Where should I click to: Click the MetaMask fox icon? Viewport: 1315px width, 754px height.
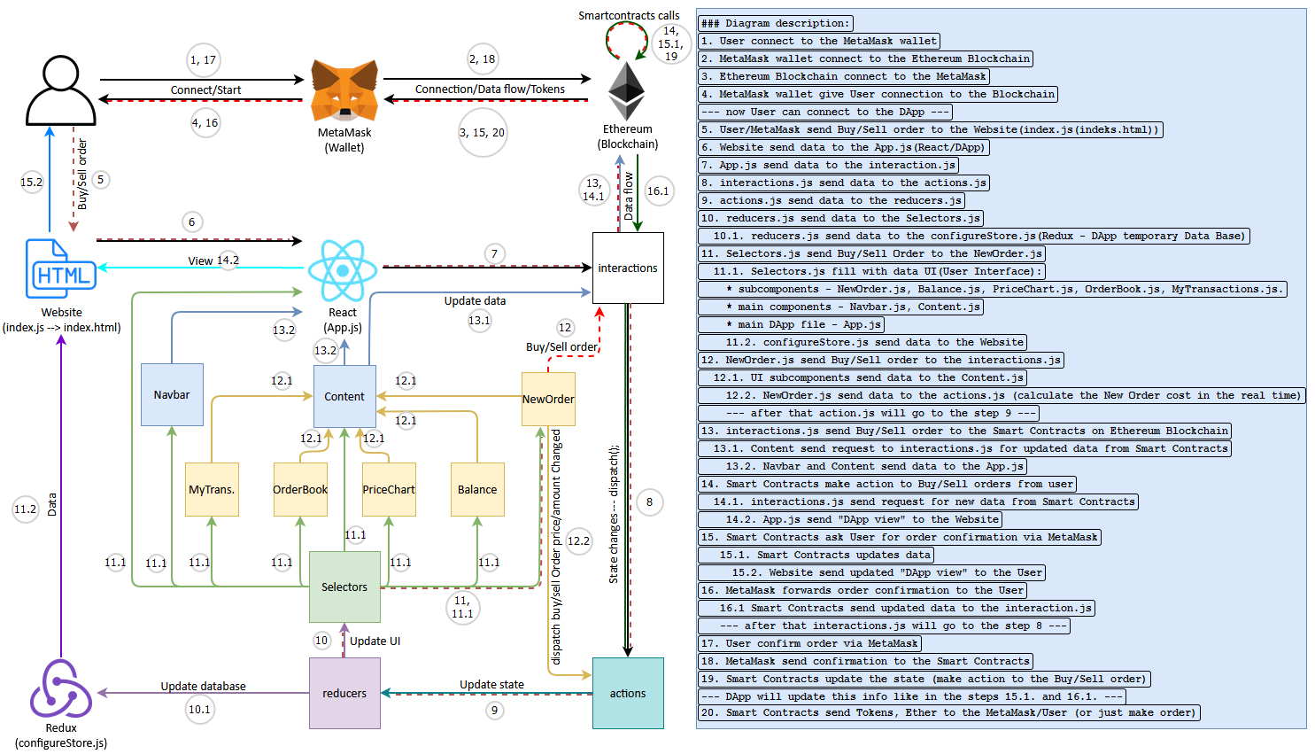point(344,91)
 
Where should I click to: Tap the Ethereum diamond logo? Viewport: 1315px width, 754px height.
point(626,91)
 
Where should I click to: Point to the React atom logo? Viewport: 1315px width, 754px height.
point(342,271)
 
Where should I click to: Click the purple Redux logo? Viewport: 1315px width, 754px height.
point(61,688)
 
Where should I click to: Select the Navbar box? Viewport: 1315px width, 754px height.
point(172,395)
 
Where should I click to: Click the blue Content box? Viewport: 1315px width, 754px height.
point(344,396)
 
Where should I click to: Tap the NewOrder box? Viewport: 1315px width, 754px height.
point(548,399)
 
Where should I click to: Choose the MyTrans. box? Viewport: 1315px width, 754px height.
point(212,489)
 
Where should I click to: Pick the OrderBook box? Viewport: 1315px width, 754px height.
point(300,489)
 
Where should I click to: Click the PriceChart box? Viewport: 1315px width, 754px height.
point(389,489)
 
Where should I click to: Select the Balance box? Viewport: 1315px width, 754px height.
point(477,489)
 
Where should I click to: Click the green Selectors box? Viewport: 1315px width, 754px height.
point(344,587)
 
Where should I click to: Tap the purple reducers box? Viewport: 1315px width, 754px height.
point(344,693)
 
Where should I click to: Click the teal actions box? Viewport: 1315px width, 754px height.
point(628,693)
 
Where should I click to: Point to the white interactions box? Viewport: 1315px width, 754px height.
point(628,268)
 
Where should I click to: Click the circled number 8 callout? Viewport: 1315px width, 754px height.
point(649,502)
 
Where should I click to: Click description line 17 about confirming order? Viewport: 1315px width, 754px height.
point(809,643)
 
